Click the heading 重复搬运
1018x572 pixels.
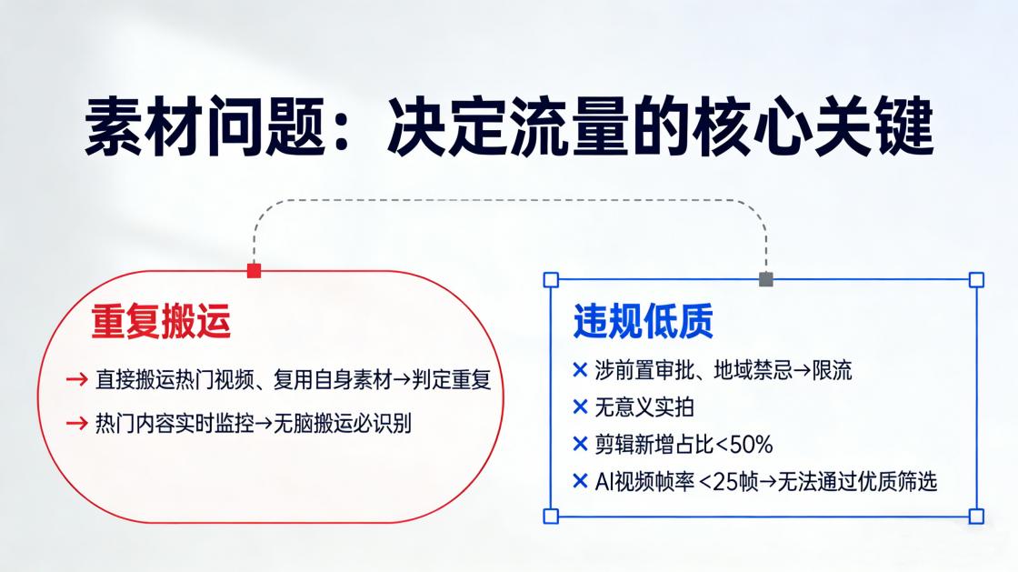(x=161, y=323)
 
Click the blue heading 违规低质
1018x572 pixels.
(x=643, y=322)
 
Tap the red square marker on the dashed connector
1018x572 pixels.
(x=254, y=270)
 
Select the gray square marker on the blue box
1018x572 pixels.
(x=765, y=279)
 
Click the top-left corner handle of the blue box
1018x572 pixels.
(x=550, y=279)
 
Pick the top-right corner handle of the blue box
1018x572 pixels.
(x=976, y=279)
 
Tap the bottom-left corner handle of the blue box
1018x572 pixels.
(x=550, y=517)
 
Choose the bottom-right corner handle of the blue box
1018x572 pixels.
(x=976, y=517)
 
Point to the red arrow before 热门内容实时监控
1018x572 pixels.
(x=76, y=423)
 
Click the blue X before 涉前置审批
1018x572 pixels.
(x=580, y=370)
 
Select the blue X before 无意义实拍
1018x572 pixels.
(x=580, y=407)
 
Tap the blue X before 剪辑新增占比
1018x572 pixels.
(x=580, y=444)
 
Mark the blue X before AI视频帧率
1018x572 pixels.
(x=580, y=481)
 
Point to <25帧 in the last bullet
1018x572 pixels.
(x=721, y=481)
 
